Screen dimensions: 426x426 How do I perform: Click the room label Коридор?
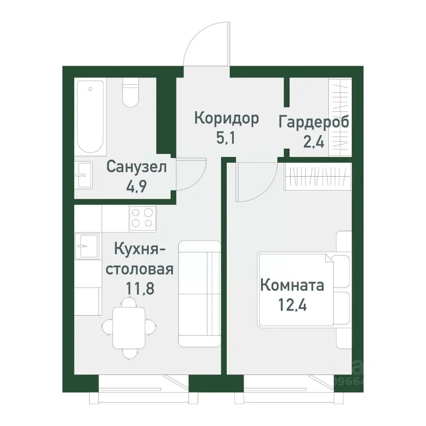point(226,119)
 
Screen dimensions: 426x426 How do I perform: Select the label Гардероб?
point(313,122)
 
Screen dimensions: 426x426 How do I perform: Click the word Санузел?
point(137,168)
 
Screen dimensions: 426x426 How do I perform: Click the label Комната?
point(292,285)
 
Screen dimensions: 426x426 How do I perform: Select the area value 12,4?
point(292,305)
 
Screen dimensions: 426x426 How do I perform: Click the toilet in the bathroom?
point(130,92)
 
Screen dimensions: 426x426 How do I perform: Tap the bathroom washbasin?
point(83,175)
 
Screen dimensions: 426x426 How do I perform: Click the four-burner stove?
point(143,219)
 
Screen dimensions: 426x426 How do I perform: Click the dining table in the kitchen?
point(129,327)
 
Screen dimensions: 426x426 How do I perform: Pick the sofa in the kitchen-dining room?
point(200,293)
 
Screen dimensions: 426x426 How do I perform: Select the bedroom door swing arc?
point(256,182)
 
